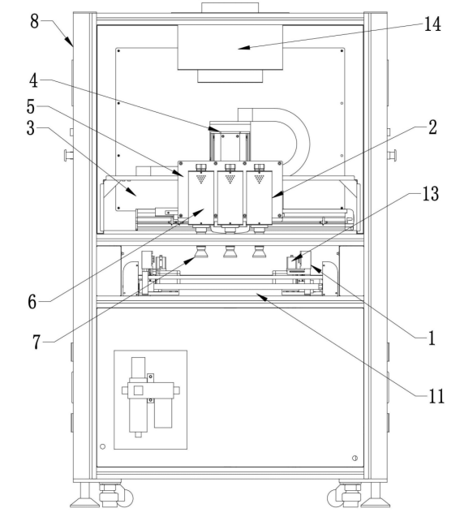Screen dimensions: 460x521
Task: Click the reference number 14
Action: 432,24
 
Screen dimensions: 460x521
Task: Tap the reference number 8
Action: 35,21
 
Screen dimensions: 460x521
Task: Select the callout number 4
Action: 33,80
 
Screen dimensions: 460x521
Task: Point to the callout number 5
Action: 31,106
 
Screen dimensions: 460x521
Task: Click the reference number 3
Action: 31,128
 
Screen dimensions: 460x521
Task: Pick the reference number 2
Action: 432,127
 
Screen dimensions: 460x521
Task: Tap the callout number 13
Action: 431,193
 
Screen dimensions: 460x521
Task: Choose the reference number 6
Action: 32,302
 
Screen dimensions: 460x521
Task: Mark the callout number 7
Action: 37,342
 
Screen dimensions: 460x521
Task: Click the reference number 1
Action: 432,338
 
